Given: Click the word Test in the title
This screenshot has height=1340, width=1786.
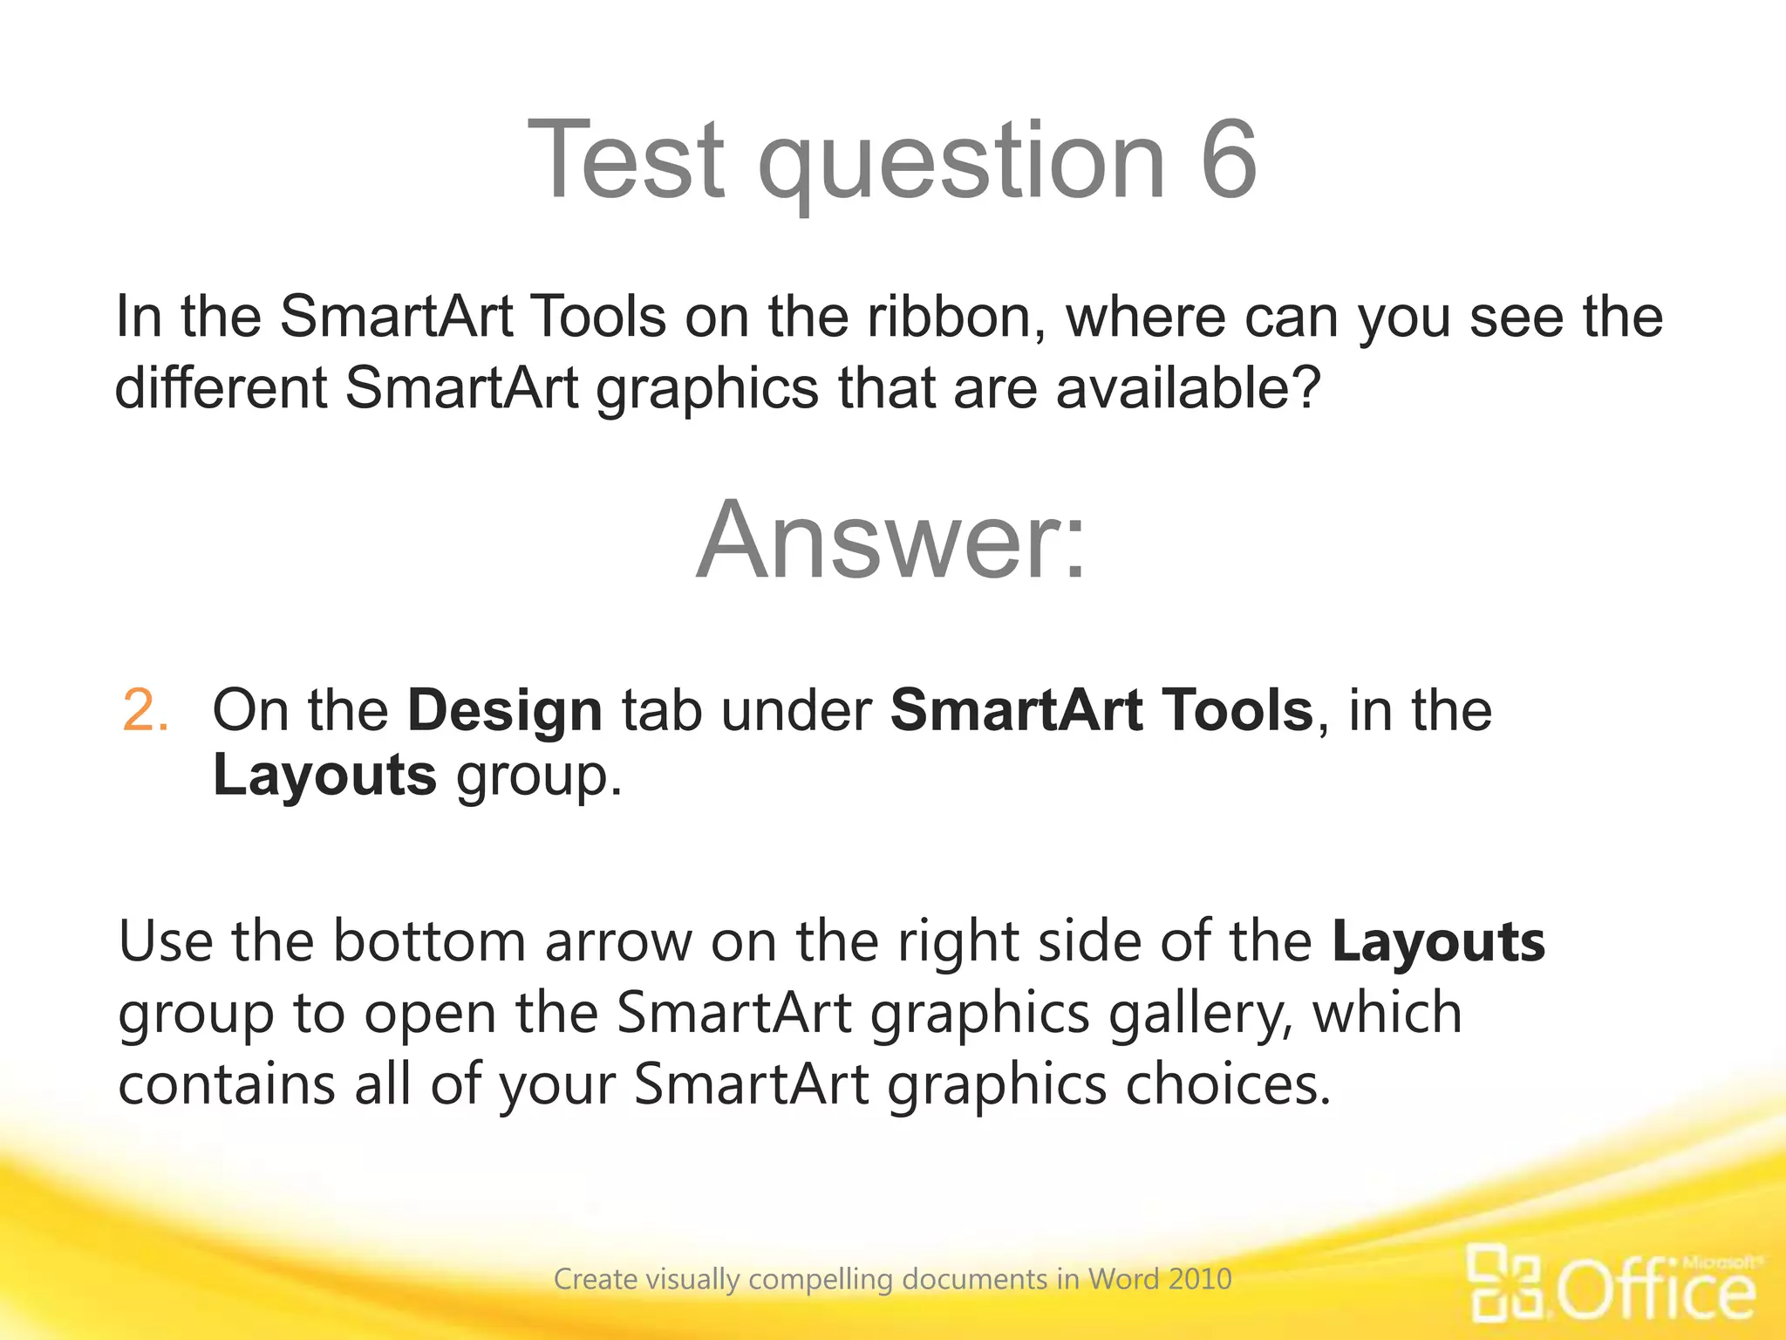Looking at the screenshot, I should click(626, 160).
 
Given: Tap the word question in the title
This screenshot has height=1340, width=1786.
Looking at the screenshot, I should click(962, 166).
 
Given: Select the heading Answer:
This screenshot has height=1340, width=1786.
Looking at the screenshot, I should click(892, 540).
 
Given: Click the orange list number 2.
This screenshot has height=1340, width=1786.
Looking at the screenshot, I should click(145, 710).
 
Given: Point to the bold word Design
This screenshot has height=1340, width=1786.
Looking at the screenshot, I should click(505, 710).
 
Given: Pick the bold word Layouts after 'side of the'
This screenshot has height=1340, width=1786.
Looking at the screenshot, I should click(1438, 942).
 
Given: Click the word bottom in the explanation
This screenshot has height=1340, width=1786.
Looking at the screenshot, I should click(428, 942).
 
